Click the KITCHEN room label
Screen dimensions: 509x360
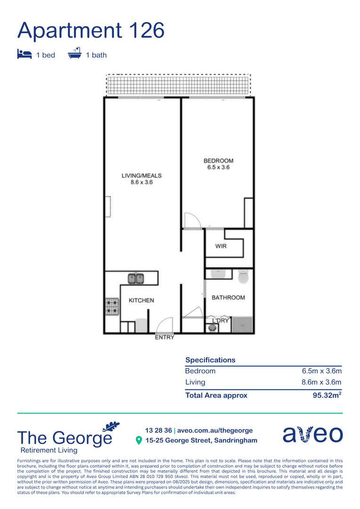(141, 300)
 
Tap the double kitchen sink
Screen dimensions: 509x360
(136, 279)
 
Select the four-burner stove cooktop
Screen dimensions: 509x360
(112, 306)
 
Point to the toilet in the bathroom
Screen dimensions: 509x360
(243, 277)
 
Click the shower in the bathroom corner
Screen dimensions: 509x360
(244, 325)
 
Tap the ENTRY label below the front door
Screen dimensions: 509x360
(164, 337)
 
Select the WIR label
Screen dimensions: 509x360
(221, 246)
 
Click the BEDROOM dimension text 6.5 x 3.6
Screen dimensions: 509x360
(218, 167)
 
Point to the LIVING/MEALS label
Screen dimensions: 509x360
(142, 176)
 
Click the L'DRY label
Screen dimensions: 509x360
(220, 320)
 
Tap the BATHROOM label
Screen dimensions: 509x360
(228, 297)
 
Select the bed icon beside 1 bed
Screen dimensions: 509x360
(24, 55)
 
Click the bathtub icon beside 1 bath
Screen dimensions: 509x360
(74, 54)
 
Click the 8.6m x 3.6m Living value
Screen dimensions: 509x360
(321, 382)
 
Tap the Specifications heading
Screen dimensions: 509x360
(210, 360)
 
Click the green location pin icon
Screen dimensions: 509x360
(139, 441)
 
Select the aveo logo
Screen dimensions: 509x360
(312, 435)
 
